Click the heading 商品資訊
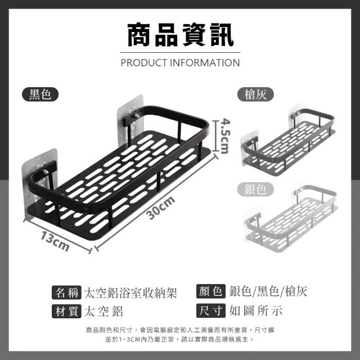point(180,34)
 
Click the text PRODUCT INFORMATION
point(180,62)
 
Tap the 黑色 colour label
point(40,94)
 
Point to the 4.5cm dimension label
point(224,135)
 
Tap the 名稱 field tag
point(66,292)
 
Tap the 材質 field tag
point(66,310)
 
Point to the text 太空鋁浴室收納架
point(130,292)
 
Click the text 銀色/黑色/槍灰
point(269,291)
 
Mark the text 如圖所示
point(256,310)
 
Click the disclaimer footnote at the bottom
point(180,335)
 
